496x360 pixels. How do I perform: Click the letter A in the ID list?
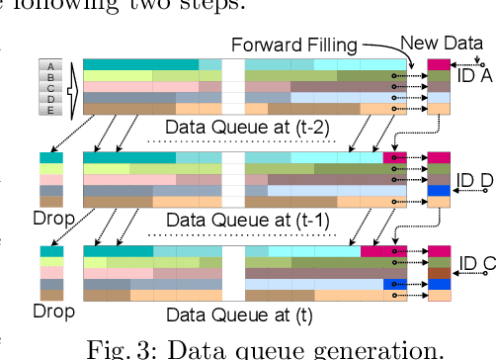tap(50, 66)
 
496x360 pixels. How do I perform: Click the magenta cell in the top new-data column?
tap(439, 65)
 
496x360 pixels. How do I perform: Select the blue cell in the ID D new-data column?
tap(439, 191)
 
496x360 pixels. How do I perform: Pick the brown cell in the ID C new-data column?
tap(439, 272)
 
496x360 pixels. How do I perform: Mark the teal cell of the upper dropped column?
tap(51, 157)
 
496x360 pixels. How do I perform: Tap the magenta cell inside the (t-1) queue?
tap(394, 157)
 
